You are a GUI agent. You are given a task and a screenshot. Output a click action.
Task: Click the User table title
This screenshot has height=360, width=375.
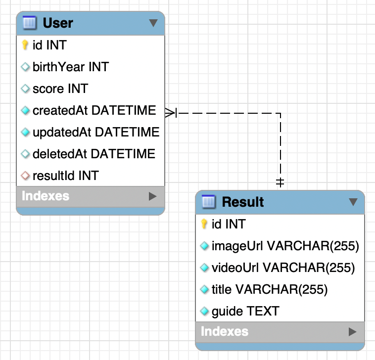point(58,23)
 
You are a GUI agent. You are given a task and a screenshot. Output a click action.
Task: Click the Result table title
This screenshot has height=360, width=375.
point(242,202)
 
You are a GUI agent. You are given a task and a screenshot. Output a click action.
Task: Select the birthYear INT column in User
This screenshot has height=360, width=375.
point(70,67)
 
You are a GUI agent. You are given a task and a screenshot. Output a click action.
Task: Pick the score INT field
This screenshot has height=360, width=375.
point(60,89)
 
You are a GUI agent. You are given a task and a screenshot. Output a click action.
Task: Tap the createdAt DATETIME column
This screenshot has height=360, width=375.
point(94,110)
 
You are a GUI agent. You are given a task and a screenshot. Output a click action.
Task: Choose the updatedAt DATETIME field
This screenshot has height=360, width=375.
point(95,132)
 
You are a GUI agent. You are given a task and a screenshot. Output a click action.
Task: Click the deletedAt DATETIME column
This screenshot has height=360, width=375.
point(94,154)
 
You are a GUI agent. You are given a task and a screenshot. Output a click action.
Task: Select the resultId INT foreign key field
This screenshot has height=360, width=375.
point(65,176)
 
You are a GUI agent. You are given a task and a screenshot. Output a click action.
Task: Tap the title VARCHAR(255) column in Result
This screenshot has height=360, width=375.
point(269,289)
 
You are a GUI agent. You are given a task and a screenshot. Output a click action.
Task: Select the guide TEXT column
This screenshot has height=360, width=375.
point(245,311)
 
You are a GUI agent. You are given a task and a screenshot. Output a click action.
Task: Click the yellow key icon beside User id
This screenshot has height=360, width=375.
point(25,45)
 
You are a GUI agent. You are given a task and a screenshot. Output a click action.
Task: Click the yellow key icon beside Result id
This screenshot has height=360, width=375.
point(204,225)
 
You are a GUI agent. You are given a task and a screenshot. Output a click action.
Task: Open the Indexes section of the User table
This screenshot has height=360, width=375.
point(46,196)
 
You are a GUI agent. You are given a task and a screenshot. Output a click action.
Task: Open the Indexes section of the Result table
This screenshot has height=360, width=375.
point(225,331)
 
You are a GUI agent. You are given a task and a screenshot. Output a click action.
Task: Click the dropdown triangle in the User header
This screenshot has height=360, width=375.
point(153,23)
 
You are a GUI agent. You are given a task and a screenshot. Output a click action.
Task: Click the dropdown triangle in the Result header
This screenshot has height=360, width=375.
point(353,202)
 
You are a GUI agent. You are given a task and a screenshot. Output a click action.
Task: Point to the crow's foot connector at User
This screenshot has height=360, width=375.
point(171,113)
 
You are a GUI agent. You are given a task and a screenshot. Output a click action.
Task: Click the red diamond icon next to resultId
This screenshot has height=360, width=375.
point(26,176)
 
